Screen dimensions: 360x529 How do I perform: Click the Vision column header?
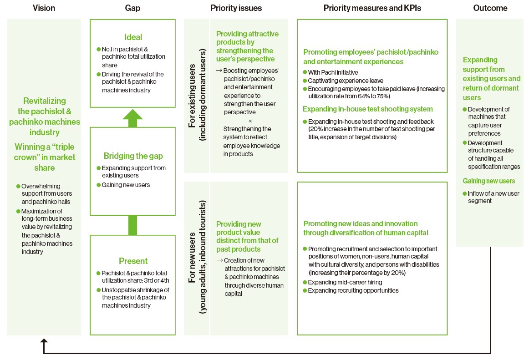[44, 8]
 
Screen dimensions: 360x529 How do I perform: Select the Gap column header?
[132, 8]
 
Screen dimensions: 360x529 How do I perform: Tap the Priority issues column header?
[236, 8]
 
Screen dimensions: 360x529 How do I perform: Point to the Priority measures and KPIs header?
[372, 8]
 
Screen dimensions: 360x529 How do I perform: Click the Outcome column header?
[490, 8]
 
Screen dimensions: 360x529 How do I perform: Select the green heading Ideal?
[133, 37]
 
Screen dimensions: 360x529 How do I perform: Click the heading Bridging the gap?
[133, 156]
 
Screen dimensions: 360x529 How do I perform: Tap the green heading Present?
[133, 261]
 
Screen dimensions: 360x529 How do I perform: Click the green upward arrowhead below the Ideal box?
[132, 115]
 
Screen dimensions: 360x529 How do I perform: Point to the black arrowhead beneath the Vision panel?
[44, 340]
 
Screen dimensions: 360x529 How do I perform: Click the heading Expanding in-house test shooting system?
[367, 109]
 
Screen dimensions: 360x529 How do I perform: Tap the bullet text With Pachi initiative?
[333, 72]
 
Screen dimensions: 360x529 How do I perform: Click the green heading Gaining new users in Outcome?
[488, 181]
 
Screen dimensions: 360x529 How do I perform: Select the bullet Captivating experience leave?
[346, 81]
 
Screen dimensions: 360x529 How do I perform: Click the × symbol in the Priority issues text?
[250, 121]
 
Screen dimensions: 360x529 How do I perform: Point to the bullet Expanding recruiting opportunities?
[353, 290]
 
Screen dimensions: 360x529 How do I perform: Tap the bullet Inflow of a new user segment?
[493, 197]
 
